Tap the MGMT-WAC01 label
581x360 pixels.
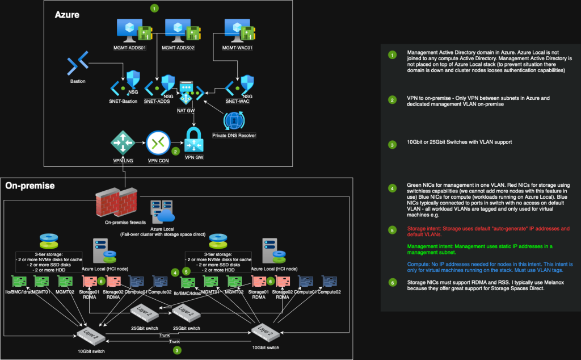pyautogui.click(x=237, y=48)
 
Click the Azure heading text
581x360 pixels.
pyautogui.click(x=67, y=15)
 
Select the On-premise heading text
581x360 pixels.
pyautogui.click(x=29, y=186)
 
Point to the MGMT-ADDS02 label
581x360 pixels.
pyautogui.click(x=178, y=48)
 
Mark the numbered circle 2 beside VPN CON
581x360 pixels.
pyautogui.click(x=175, y=152)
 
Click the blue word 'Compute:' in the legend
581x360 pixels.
pyautogui.click(x=418, y=264)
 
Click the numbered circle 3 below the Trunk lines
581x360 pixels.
pyautogui.click(x=178, y=351)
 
